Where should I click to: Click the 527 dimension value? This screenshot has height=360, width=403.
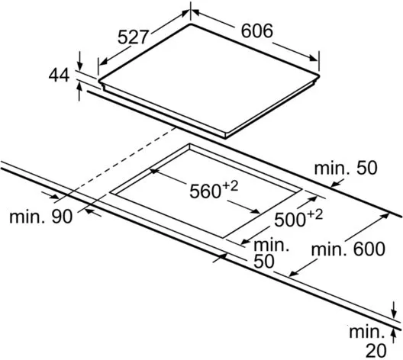tap(134, 37)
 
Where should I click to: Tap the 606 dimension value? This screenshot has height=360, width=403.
tap(256, 31)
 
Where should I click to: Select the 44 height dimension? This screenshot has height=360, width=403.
tap(59, 75)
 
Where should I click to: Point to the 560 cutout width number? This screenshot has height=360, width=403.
tap(205, 191)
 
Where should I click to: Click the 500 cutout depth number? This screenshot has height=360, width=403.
tap(290, 220)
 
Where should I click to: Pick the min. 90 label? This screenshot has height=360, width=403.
tap(41, 217)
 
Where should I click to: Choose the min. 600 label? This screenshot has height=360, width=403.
tap(348, 249)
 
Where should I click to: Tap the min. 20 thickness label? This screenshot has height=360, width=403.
tap(368, 342)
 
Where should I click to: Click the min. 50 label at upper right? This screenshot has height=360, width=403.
tap(346, 168)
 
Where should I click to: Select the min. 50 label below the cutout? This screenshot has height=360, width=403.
tap(272, 253)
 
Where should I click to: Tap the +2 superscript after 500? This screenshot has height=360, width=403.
tap(314, 215)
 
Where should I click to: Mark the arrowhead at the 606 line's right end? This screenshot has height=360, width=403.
tap(314, 58)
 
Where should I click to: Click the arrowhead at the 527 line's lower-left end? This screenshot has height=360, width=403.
tap(102, 62)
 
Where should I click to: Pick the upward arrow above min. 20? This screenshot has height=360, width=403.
tap(393, 336)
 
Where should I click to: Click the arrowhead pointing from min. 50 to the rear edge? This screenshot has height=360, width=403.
tap(334, 184)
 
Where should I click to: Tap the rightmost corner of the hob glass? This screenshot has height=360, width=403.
tap(319, 76)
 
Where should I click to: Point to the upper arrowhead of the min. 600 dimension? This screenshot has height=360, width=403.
tap(385, 216)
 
